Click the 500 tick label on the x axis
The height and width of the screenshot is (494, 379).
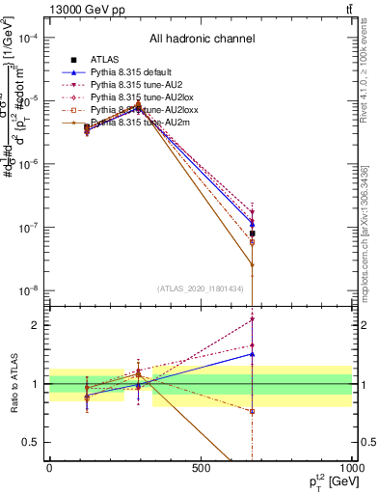click(200, 468)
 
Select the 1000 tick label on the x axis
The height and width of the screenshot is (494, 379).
click(349, 468)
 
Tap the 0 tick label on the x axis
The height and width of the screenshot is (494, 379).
click(49, 468)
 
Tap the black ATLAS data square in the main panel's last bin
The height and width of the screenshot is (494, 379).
click(252, 233)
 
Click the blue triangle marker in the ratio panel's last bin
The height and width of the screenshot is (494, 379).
click(252, 354)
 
